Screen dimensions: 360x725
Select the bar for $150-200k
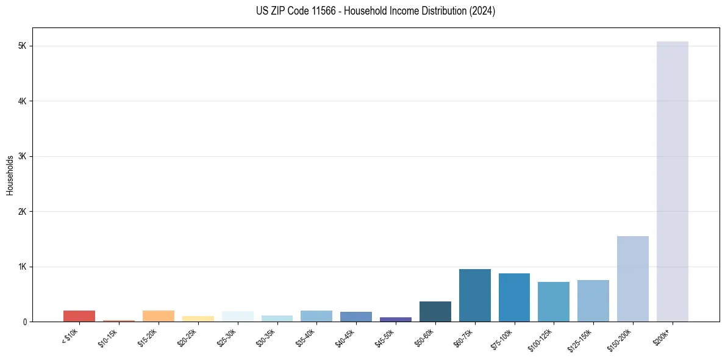pyautogui.click(x=632, y=279)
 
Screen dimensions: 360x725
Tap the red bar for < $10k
pyautogui.click(x=79, y=316)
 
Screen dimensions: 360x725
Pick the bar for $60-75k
pyautogui.click(x=474, y=295)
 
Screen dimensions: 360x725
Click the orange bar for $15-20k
pyautogui.click(x=158, y=316)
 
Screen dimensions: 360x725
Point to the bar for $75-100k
pyautogui.click(x=514, y=298)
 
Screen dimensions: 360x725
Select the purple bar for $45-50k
pyautogui.click(x=395, y=319)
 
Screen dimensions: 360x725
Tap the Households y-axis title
pyautogui.click(x=10, y=175)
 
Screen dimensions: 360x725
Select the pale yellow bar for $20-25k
pyautogui.click(x=198, y=319)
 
